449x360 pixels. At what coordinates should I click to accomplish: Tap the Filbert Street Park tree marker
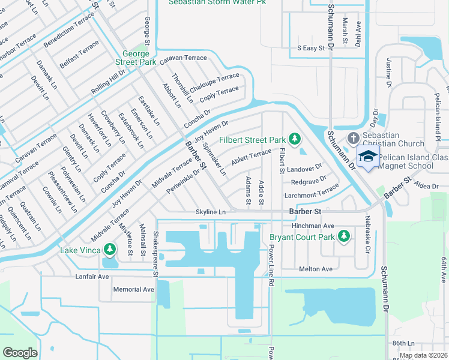pos(294,139)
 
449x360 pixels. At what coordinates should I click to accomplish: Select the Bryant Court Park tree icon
pos(344,237)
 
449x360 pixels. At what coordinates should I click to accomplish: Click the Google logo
pos(20,353)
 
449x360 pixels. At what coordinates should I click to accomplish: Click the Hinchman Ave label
pos(312,226)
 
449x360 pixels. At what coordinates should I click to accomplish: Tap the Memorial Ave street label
pos(134,289)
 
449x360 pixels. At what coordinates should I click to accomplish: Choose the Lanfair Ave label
pos(92,277)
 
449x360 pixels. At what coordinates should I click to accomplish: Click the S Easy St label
pos(311,47)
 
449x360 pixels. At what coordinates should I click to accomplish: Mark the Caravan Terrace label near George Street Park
pos(187,58)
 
